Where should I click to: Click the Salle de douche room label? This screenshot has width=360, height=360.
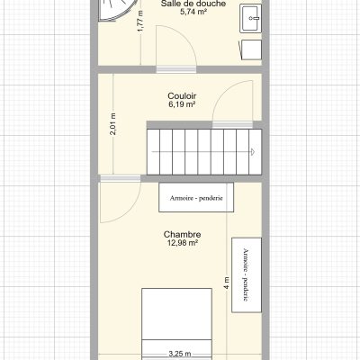193,4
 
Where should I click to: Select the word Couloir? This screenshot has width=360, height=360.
182,96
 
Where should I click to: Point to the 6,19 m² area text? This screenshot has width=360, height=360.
182,104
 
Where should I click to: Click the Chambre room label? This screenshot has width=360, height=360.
182,234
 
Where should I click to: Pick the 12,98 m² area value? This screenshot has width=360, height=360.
182,243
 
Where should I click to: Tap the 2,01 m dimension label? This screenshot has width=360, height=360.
112,124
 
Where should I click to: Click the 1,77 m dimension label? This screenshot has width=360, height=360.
140,21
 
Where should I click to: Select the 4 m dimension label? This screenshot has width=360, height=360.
227,283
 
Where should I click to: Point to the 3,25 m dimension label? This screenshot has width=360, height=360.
180,354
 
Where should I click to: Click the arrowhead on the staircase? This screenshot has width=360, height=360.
253,152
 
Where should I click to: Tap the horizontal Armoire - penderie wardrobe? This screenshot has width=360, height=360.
196,197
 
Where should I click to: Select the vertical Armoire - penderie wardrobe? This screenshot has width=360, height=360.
247,274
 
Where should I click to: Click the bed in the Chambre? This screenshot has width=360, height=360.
176,324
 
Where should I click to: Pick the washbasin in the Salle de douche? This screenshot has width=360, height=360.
251,18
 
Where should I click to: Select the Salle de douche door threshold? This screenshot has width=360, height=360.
176,69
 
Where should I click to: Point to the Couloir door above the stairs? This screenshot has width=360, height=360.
232,102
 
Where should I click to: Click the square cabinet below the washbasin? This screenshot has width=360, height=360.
251,49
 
